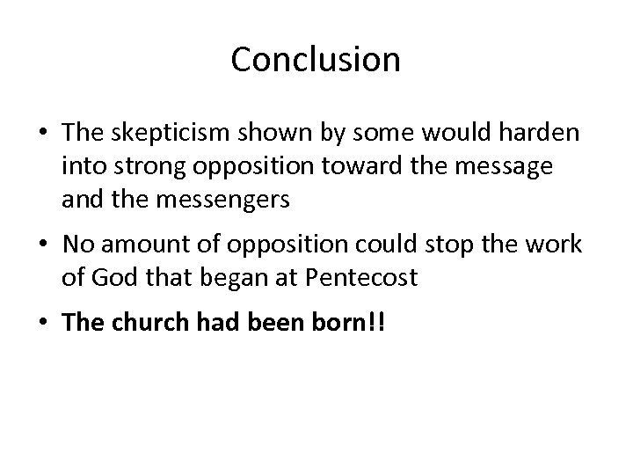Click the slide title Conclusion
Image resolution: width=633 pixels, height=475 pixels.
point(316,60)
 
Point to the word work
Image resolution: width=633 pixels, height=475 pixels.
point(557,245)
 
